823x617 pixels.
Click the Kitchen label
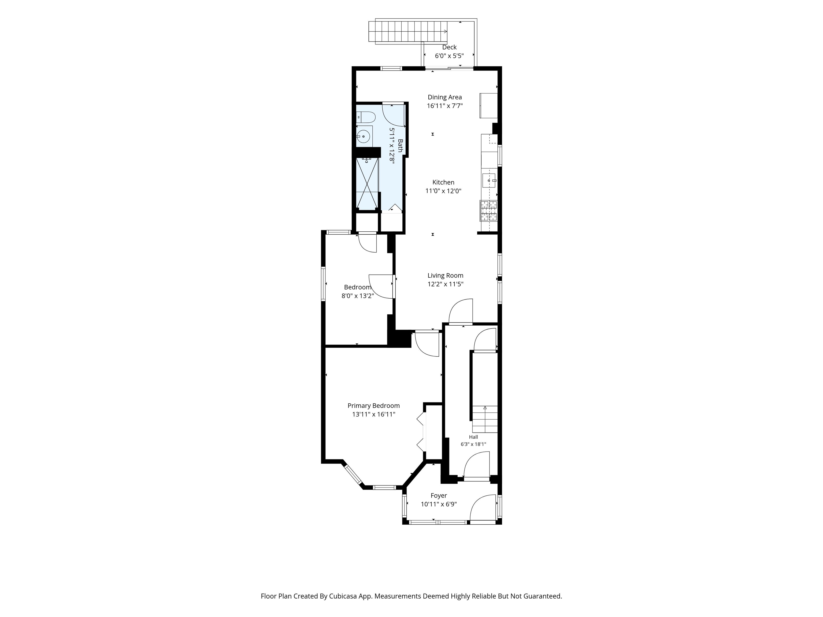(x=443, y=182)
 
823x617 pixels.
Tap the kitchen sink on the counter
(x=489, y=181)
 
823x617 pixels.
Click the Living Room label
(x=445, y=276)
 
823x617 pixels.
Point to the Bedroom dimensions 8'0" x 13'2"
(x=358, y=296)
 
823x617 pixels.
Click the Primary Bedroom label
(x=373, y=406)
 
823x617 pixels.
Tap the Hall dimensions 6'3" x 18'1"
(x=473, y=444)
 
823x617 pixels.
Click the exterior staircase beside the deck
(x=408, y=31)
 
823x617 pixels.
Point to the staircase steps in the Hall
(x=485, y=419)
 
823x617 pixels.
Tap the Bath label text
(x=400, y=145)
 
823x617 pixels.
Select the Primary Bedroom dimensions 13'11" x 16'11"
(x=373, y=414)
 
